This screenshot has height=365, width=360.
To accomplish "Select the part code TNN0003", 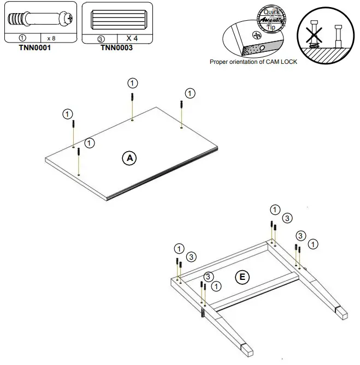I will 117,47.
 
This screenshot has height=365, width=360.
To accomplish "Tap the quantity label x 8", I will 52,38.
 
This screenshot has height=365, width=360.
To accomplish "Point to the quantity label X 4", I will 132,38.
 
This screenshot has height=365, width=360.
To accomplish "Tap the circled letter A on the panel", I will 129,158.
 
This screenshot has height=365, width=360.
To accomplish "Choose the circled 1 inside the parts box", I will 22,38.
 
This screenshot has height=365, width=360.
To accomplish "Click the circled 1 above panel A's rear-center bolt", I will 132,83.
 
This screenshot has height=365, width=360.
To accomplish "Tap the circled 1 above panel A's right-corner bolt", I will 190,92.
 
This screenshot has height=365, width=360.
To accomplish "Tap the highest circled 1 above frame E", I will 275,209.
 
